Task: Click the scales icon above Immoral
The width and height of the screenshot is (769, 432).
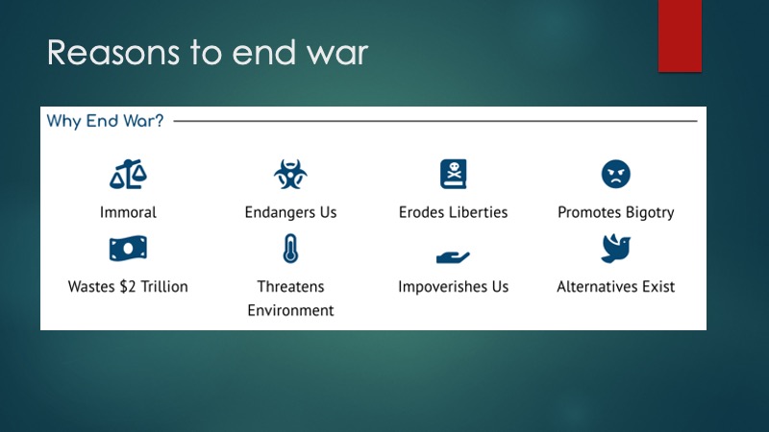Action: pos(128,174)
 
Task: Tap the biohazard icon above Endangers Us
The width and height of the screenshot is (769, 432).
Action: pos(290,174)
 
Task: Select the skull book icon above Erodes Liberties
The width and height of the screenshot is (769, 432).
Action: pos(453,174)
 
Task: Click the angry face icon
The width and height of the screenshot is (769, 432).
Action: pos(615,174)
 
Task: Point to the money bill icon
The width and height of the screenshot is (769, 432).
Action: pos(128,249)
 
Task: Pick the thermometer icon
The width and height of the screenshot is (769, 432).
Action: pos(290,249)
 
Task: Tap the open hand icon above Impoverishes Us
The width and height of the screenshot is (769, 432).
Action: pos(453,256)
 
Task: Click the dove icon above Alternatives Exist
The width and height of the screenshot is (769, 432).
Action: pos(615,249)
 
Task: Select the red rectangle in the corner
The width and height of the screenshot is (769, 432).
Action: pos(680,36)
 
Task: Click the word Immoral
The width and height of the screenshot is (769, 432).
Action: pos(128,212)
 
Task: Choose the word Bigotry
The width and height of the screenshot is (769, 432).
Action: pos(650,213)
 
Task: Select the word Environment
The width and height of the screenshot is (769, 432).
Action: pos(290,310)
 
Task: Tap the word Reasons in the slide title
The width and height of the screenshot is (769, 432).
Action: pos(113,53)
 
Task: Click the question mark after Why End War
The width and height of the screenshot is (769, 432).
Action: pos(159,121)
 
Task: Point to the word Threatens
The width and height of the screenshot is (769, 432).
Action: pos(290,286)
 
